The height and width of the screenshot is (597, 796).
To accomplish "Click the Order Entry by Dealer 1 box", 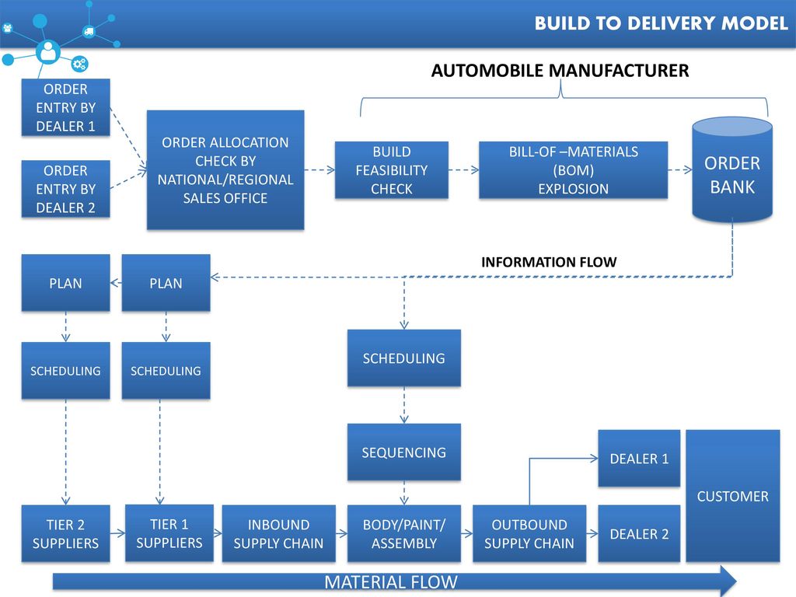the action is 65,107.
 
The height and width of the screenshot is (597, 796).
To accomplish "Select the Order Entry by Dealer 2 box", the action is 65,189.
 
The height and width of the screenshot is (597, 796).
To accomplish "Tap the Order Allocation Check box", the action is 225,170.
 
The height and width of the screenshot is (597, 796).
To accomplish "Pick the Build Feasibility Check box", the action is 392,170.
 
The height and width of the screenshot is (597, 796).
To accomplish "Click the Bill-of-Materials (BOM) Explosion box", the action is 573,170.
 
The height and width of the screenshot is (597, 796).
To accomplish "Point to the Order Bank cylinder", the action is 732,170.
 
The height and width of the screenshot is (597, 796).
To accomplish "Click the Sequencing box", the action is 404,452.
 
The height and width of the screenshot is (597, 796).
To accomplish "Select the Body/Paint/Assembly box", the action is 404,533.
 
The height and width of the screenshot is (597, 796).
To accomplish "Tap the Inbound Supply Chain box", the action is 279,533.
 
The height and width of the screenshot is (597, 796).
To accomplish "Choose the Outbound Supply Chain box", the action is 529,533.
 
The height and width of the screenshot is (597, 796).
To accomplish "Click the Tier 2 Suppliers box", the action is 65,533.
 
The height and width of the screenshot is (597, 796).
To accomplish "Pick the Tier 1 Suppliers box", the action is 169,533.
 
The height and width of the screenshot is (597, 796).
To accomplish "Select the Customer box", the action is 732,496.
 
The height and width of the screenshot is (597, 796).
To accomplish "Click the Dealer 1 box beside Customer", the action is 639,459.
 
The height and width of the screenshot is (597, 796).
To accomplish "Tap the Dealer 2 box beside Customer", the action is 639,533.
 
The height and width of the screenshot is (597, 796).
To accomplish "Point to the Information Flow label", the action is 549,262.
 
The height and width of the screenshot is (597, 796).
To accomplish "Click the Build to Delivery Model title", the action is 661,23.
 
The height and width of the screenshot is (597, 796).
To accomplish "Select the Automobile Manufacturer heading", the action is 560,71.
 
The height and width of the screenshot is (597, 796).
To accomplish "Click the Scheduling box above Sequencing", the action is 404,358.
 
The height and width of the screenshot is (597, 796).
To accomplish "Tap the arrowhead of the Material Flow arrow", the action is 728,580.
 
